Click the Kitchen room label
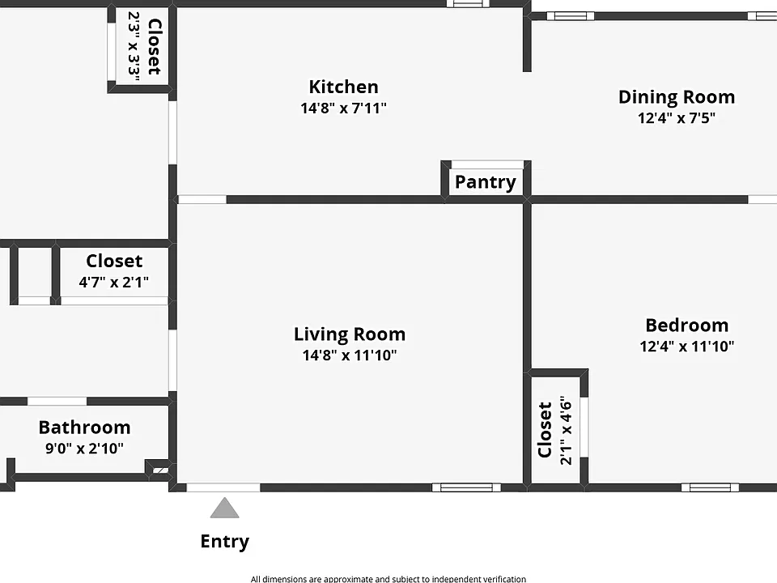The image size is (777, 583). point(343,87)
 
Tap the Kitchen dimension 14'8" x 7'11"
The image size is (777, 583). point(343,108)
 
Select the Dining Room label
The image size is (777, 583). point(677,97)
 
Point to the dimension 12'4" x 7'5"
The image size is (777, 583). point(677,118)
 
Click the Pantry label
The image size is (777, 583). point(486,182)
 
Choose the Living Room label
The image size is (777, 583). point(350,334)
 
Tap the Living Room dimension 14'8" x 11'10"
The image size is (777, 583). point(350,355)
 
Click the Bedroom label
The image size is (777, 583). point(687,326)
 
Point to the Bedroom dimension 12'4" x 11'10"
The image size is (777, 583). point(687,346)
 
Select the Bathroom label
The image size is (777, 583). point(84,428)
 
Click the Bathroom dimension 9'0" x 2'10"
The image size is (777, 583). point(84,448)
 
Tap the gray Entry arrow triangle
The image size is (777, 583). point(224,509)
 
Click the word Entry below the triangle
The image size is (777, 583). point(224,542)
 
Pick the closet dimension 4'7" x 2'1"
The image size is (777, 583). point(113,282)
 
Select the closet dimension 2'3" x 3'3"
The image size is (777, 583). point(134,44)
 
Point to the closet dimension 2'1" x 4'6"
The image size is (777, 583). point(566,430)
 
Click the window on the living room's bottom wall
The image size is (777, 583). point(466,487)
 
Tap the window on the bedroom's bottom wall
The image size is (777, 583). point(710,487)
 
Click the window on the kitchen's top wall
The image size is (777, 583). point(468,4)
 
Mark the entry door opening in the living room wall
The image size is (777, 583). point(223,487)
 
